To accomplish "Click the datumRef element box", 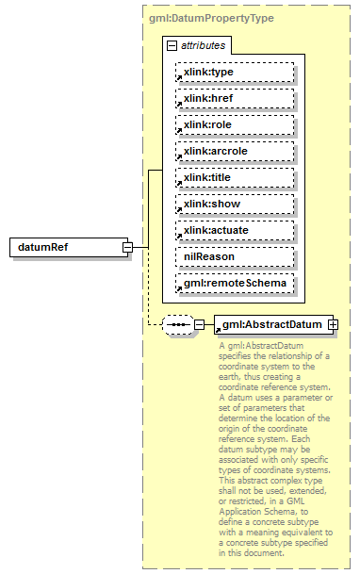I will click(x=66, y=247).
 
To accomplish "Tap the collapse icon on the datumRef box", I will click(x=126, y=247).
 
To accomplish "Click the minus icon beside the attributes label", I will click(x=171, y=45).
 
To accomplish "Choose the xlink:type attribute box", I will click(x=234, y=72).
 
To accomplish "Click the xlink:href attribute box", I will click(x=234, y=98).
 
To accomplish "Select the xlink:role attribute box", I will click(x=234, y=124).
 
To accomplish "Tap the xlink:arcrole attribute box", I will click(x=234, y=151).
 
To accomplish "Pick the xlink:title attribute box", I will click(x=234, y=177).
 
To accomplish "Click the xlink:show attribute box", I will click(x=234, y=204).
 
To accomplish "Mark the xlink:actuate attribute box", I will click(x=234, y=230).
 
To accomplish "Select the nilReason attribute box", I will click(x=234, y=256).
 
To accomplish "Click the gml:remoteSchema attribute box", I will click(x=234, y=283).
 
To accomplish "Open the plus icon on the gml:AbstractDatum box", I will click(x=332, y=325).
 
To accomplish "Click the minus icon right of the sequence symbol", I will click(x=199, y=325).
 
